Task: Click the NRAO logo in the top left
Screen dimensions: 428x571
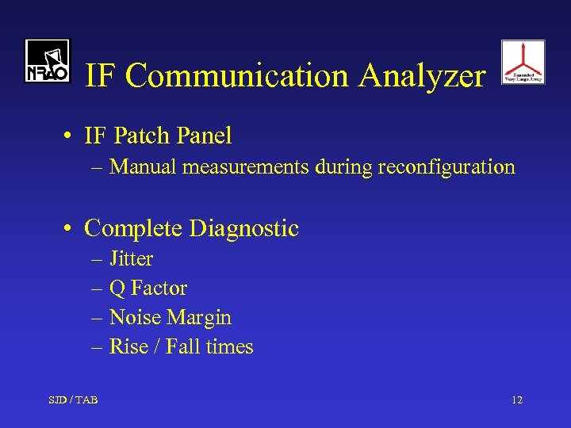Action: pyautogui.click(x=47, y=61)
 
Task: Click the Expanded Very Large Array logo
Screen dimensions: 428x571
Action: pyautogui.click(x=523, y=62)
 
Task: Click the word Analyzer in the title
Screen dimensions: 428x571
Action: pyautogui.click(x=422, y=76)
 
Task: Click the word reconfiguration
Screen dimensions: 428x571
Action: pyautogui.click(x=446, y=167)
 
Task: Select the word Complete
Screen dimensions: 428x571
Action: pyautogui.click(x=134, y=229)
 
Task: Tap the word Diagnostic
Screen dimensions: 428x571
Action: pyautogui.click(x=244, y=229)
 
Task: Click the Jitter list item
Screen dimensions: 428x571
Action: pyautogui.click(x=131, y=259)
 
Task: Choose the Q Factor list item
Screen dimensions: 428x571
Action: pyautogui.click(x=148, y=289)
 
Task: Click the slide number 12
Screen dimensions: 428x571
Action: pyautogui.click(x=517, y=400)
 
